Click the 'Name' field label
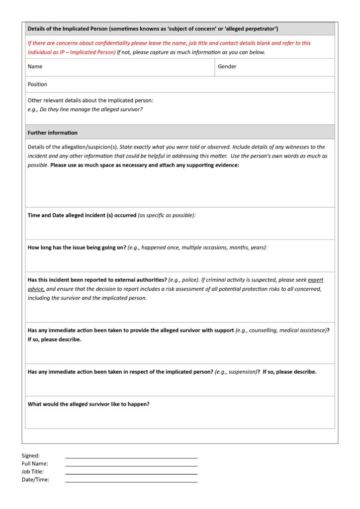coord(35,67)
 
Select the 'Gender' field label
coord(227,67)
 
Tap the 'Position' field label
coord(37,85)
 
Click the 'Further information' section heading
coord(52,133)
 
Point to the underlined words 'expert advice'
coord(315,280)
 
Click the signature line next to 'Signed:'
coord(131,457)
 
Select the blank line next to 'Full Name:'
coord(131,465)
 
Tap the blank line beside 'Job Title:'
coord(131,473)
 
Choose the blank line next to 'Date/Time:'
coord(131,481)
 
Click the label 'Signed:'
coord(30,455)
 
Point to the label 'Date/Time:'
coord(35,480)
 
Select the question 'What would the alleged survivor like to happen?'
coord(89,404)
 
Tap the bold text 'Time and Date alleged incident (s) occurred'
coord(82,215)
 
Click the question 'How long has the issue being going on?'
coord(77,248)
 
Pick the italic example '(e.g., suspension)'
coord(236,372)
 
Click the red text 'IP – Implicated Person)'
coord(85,52)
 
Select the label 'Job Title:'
coord(32,472)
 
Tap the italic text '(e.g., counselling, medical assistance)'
coord(281,331)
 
